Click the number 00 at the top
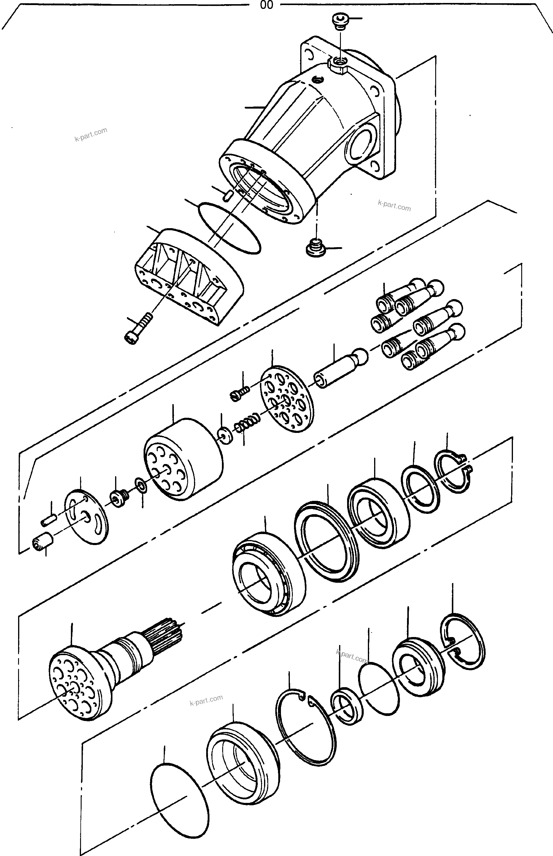tap(266, 5)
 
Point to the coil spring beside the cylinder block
tap(248, 423)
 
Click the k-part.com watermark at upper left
tap(91, 135)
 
